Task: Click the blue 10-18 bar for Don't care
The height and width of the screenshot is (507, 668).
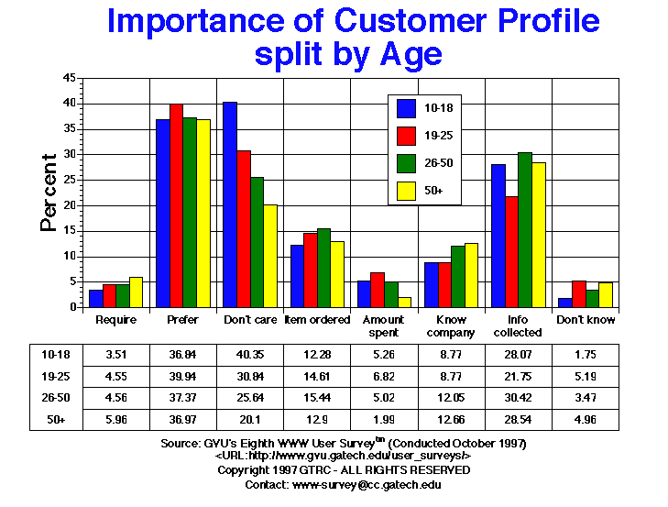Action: click(x=230, y=204)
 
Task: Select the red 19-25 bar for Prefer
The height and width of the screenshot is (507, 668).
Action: click(x=176, y=205)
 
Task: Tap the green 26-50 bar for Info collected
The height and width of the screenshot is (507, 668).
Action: click(x=524, y=230)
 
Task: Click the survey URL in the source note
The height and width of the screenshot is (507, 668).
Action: click(x=343, y=456)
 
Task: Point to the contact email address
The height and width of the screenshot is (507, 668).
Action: click(x=367, y=483)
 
